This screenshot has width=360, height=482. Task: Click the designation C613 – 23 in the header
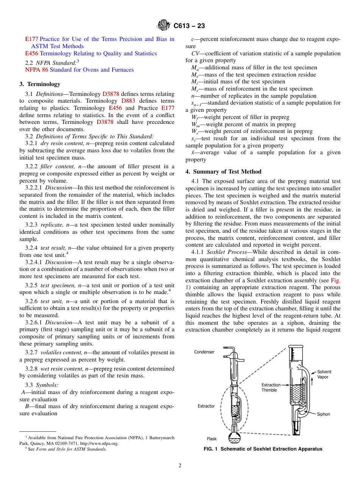[189, 26]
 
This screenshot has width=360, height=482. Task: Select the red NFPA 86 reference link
[36, 70]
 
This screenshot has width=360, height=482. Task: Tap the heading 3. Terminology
[40, 84]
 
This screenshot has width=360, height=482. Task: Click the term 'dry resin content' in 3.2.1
[57, 143]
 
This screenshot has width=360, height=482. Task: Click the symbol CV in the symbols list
[196, 53]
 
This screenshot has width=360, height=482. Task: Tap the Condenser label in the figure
[204, 352]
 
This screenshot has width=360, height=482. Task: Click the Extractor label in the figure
[206, 406]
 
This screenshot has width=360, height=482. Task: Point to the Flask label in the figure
[212, 439]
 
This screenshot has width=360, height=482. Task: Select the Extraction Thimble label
[271, 387]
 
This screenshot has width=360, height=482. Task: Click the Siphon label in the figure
[323, 414]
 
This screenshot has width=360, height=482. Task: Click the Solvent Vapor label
[325, 374]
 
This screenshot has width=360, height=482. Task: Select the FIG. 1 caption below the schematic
[263, 449]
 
